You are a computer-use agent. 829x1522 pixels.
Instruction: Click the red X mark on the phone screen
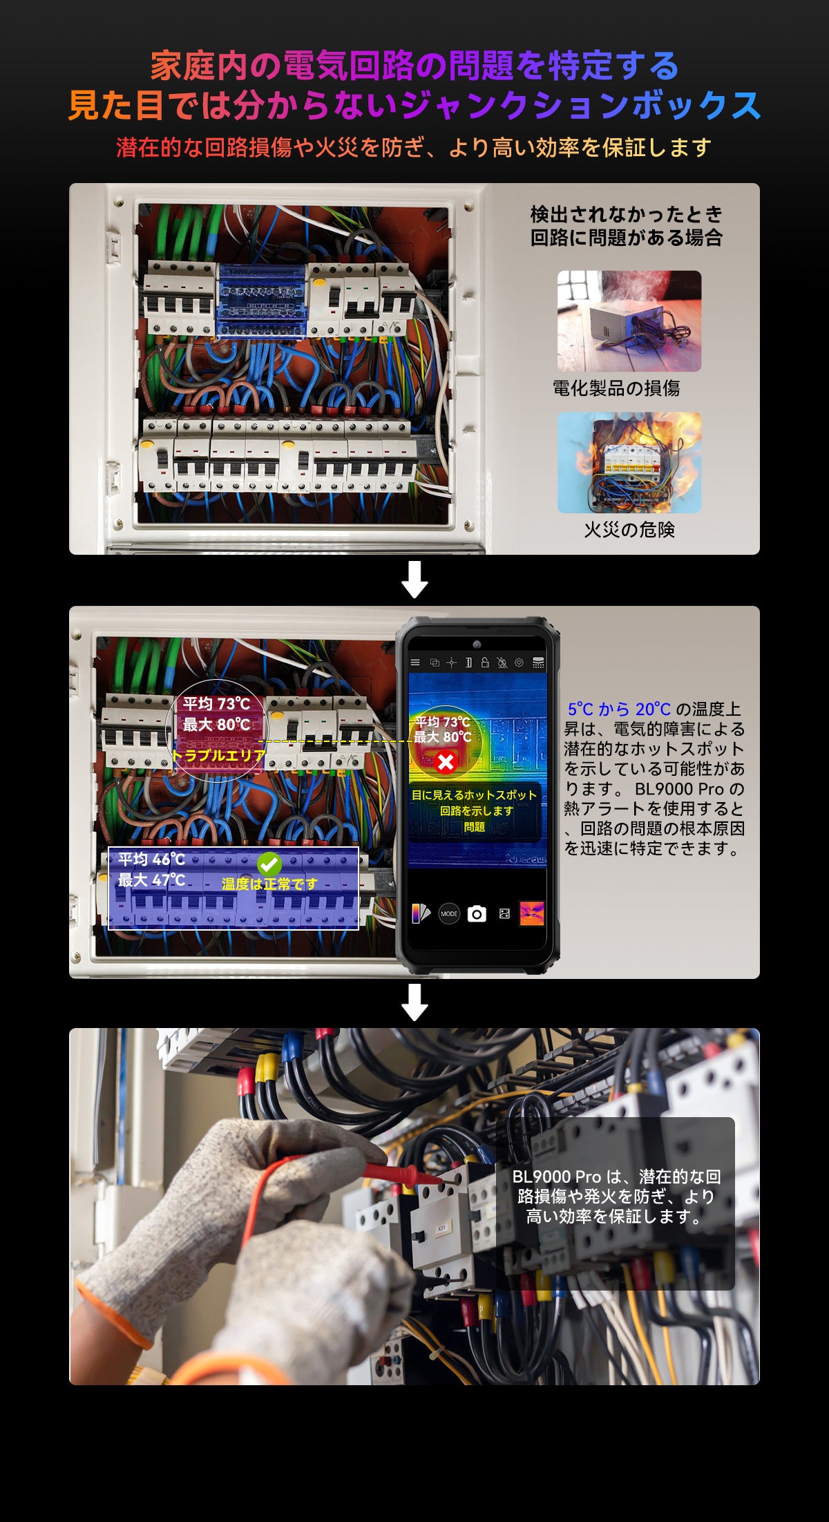tap(446, 762)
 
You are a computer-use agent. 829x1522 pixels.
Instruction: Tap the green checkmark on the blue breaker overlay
tap(269, 864)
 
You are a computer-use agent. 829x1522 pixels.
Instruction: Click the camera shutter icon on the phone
tap(477, 914)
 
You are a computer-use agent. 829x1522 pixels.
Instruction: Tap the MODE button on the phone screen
tap(449, 914)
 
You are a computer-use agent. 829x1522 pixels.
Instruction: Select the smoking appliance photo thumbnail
tap(629, 321)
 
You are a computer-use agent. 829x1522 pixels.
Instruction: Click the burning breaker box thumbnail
tap(629, 462)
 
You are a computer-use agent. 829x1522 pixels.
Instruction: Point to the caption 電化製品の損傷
tap(616, 388)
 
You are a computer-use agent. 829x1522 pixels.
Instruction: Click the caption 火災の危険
tap(629, 530)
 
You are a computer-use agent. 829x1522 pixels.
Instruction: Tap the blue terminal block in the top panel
tap(262, 301)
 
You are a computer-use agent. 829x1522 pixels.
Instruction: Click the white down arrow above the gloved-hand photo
tap(414, 1002)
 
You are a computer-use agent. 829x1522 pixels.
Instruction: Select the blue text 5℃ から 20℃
tap(618, 710)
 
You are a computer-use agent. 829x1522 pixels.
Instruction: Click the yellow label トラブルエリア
tap(219, 756)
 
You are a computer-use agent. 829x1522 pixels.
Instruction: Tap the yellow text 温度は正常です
tap(269, 884)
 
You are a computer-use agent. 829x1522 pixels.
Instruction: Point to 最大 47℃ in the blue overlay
tap(151, 880)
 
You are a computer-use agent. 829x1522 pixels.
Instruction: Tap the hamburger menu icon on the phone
tap(415, 663)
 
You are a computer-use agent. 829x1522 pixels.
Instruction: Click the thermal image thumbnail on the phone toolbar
tap(531, 913)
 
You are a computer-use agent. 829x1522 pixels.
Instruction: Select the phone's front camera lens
tap(477, 645)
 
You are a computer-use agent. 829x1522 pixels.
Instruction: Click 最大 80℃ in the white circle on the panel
tap(216, 725)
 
